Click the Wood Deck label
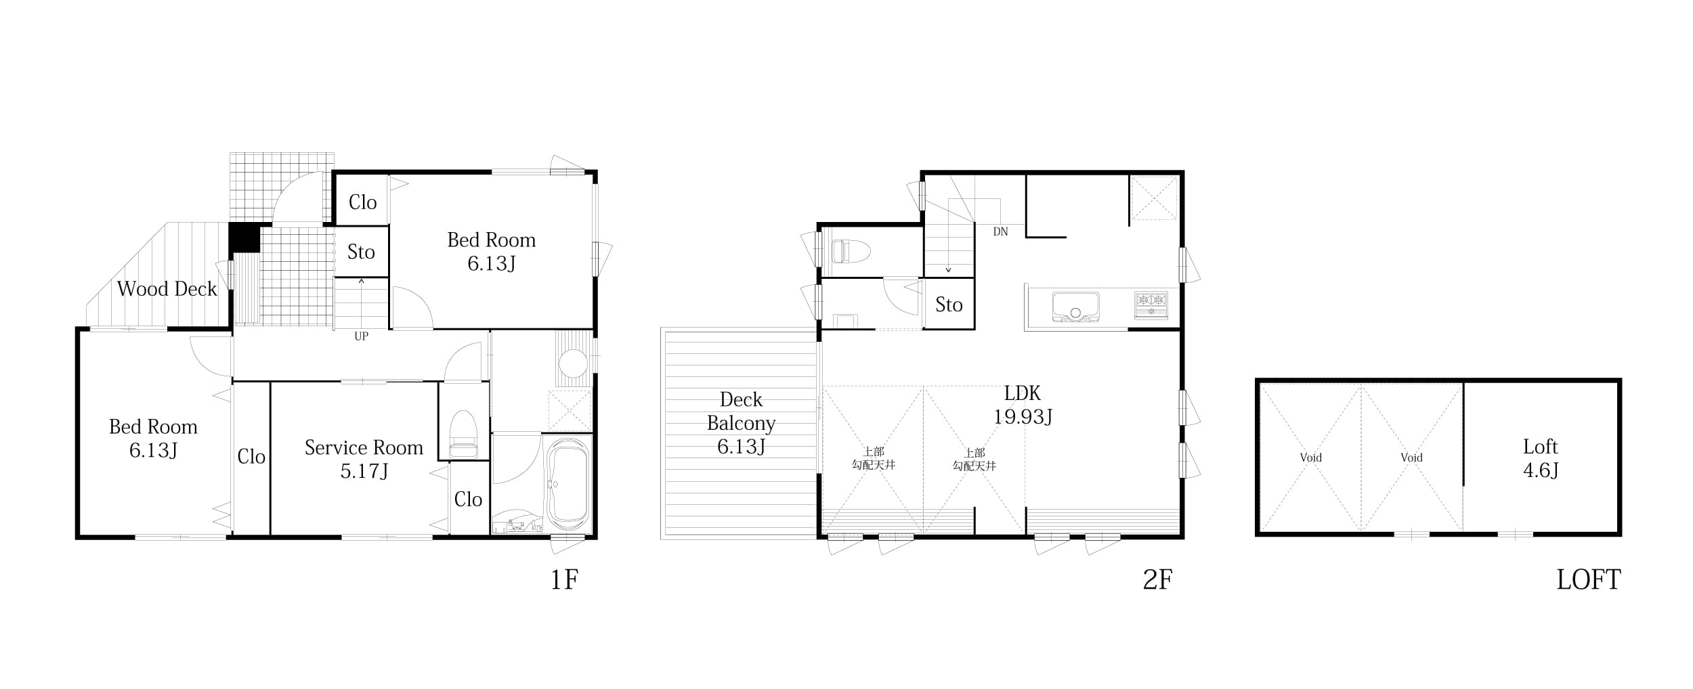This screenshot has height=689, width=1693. (167, 289)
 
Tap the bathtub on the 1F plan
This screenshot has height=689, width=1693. (567, 484)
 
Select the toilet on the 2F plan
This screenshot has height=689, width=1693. (851, 252)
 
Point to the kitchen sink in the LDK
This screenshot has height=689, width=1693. (1075, 307)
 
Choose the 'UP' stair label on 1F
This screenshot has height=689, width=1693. (361, 336)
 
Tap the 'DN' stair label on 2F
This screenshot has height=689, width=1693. (1000, 231)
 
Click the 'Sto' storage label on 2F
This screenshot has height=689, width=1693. (949, 305)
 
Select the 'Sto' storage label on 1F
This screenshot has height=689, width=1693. (361, 252)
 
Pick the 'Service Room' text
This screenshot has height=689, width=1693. (364, 447)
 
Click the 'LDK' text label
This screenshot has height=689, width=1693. (1022, 393)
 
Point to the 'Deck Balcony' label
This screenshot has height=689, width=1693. (741, 412)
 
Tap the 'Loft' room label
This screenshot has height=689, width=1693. (1541, 447)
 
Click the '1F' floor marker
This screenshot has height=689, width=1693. (564, 580)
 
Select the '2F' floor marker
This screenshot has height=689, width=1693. (1157, 580)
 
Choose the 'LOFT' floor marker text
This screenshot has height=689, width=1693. (1589, 580)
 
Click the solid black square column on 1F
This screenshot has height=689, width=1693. (244, 238)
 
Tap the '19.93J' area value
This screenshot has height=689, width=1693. (1023, 417)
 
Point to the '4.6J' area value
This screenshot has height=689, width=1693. (1541, 470)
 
